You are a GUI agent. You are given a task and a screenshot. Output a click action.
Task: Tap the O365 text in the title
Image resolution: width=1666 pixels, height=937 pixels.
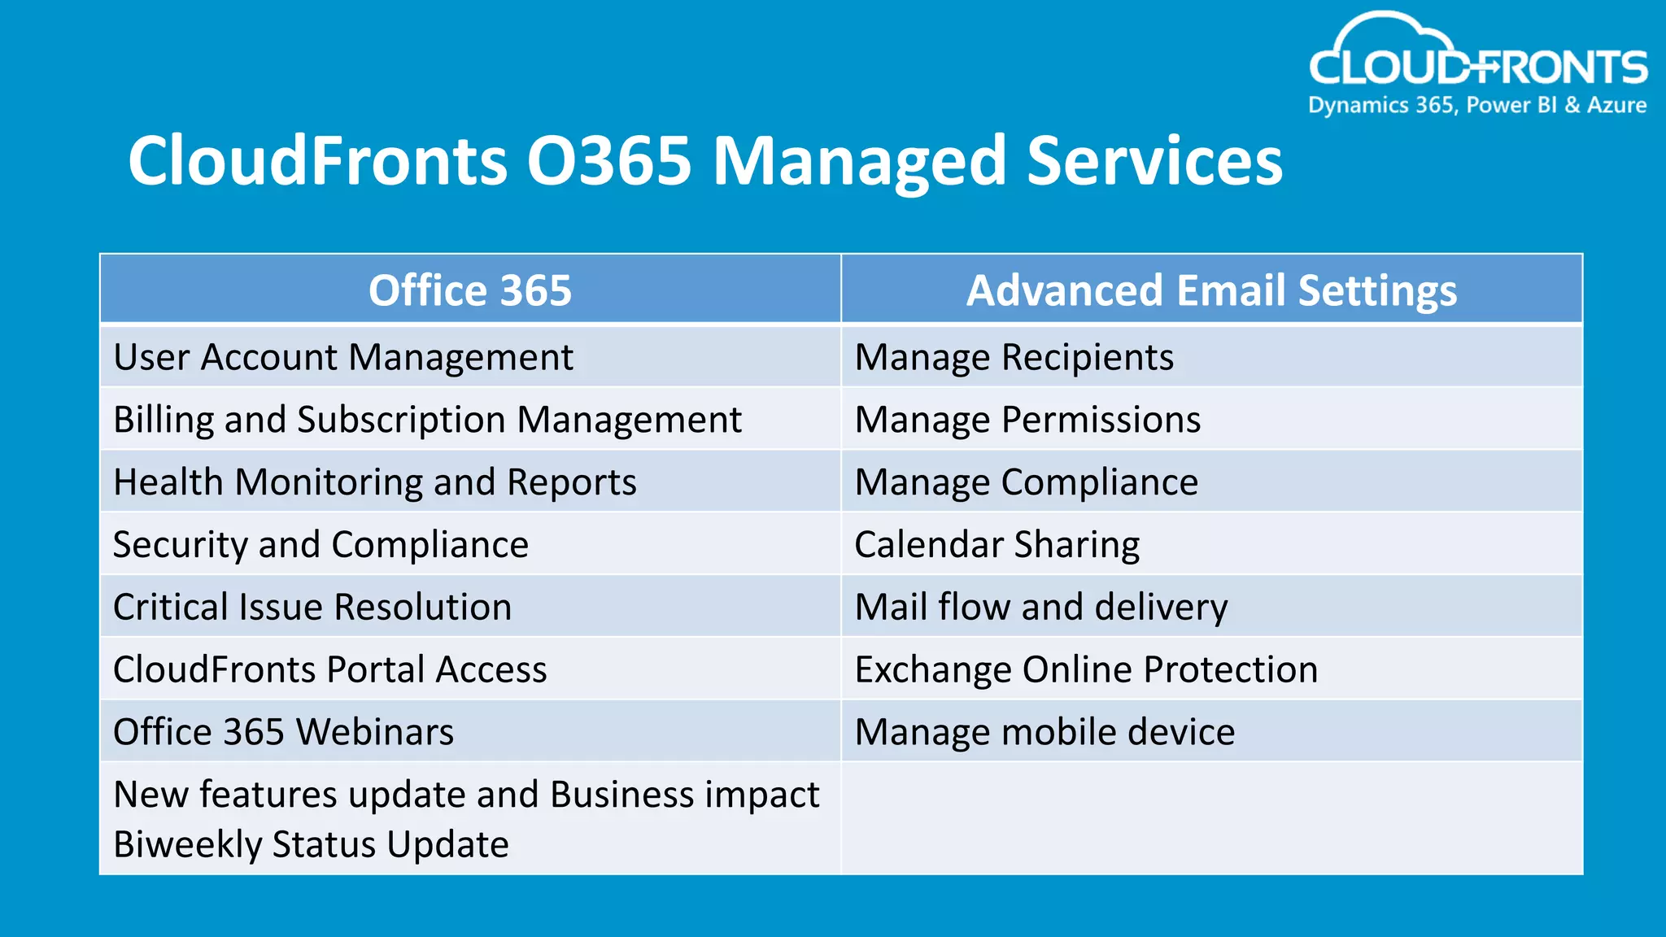tap(608, 161)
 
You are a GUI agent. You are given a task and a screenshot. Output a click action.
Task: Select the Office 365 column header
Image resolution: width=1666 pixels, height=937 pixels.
tap(470, 290)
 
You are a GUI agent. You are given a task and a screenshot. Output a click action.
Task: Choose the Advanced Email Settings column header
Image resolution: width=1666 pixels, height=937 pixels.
tap(1211, 290)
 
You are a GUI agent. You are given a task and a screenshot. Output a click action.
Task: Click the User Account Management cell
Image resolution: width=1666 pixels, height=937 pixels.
tap(343, 358)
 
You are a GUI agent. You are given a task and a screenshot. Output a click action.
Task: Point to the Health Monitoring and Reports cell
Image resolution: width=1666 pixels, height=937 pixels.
tap(375, 482)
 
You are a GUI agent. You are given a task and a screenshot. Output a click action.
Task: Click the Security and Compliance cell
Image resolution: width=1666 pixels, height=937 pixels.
tap(321, 545)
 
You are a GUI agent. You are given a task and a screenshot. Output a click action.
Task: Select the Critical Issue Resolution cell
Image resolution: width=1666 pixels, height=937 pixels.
tap(312, 608)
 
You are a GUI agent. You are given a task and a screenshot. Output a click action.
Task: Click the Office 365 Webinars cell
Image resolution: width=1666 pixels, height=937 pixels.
tap(283, 732)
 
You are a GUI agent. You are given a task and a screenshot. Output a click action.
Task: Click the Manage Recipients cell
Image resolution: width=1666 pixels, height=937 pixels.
tap(1014, 358)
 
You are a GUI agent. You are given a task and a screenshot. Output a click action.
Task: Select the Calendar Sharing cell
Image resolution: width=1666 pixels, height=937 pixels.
tap(997, 545)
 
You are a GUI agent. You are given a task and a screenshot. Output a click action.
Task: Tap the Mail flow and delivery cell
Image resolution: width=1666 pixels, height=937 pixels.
tap(1041, 608)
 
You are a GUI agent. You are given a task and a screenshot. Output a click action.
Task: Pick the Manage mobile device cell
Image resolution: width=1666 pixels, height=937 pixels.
tap(1045, 732)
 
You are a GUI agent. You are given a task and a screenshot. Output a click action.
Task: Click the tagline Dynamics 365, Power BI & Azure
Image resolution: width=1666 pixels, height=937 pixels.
tap(1477, 106)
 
